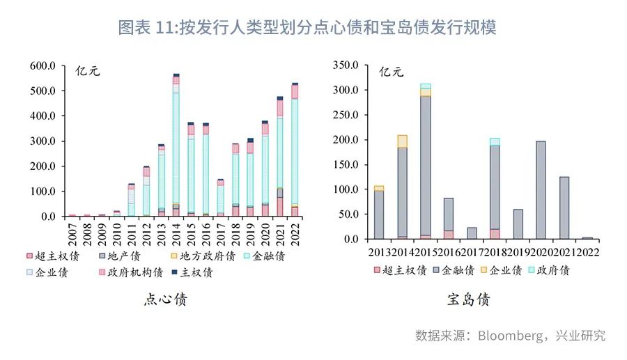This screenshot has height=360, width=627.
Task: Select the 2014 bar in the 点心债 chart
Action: pos(176,146)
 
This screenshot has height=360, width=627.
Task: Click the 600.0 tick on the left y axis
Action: pos(42,65)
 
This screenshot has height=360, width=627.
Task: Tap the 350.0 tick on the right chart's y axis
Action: pos(346,65)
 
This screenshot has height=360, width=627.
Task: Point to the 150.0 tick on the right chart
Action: pos(346,165)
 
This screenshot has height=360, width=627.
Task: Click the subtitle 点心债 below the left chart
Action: pos(165,300)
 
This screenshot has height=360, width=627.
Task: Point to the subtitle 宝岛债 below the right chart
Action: pos(468,300)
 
